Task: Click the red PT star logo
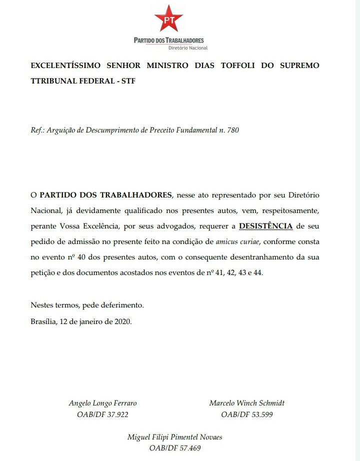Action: click(x=168, y=18)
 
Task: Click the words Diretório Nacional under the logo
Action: click(x=188, y=48)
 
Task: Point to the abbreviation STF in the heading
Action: click(x=129, y=80)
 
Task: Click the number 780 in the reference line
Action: click(x=233, y=130)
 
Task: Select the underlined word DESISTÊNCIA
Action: click(x=266, y=226)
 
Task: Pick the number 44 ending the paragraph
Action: click(x=257, y=274)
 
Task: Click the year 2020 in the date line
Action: click(x=122, y=321)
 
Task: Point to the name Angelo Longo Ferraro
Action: click(x=102, y=403)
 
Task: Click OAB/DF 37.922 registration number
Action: click(x=102, y=414)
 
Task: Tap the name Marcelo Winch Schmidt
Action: click(x=247, y=403)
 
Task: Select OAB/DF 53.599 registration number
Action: click(x=247, y=414)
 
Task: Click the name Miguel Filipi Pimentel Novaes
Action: click(x=175, y=437)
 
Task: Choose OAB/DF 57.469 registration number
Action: click(x=175, y=448)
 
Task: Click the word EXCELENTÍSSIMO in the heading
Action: click(x=66, y=65)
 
